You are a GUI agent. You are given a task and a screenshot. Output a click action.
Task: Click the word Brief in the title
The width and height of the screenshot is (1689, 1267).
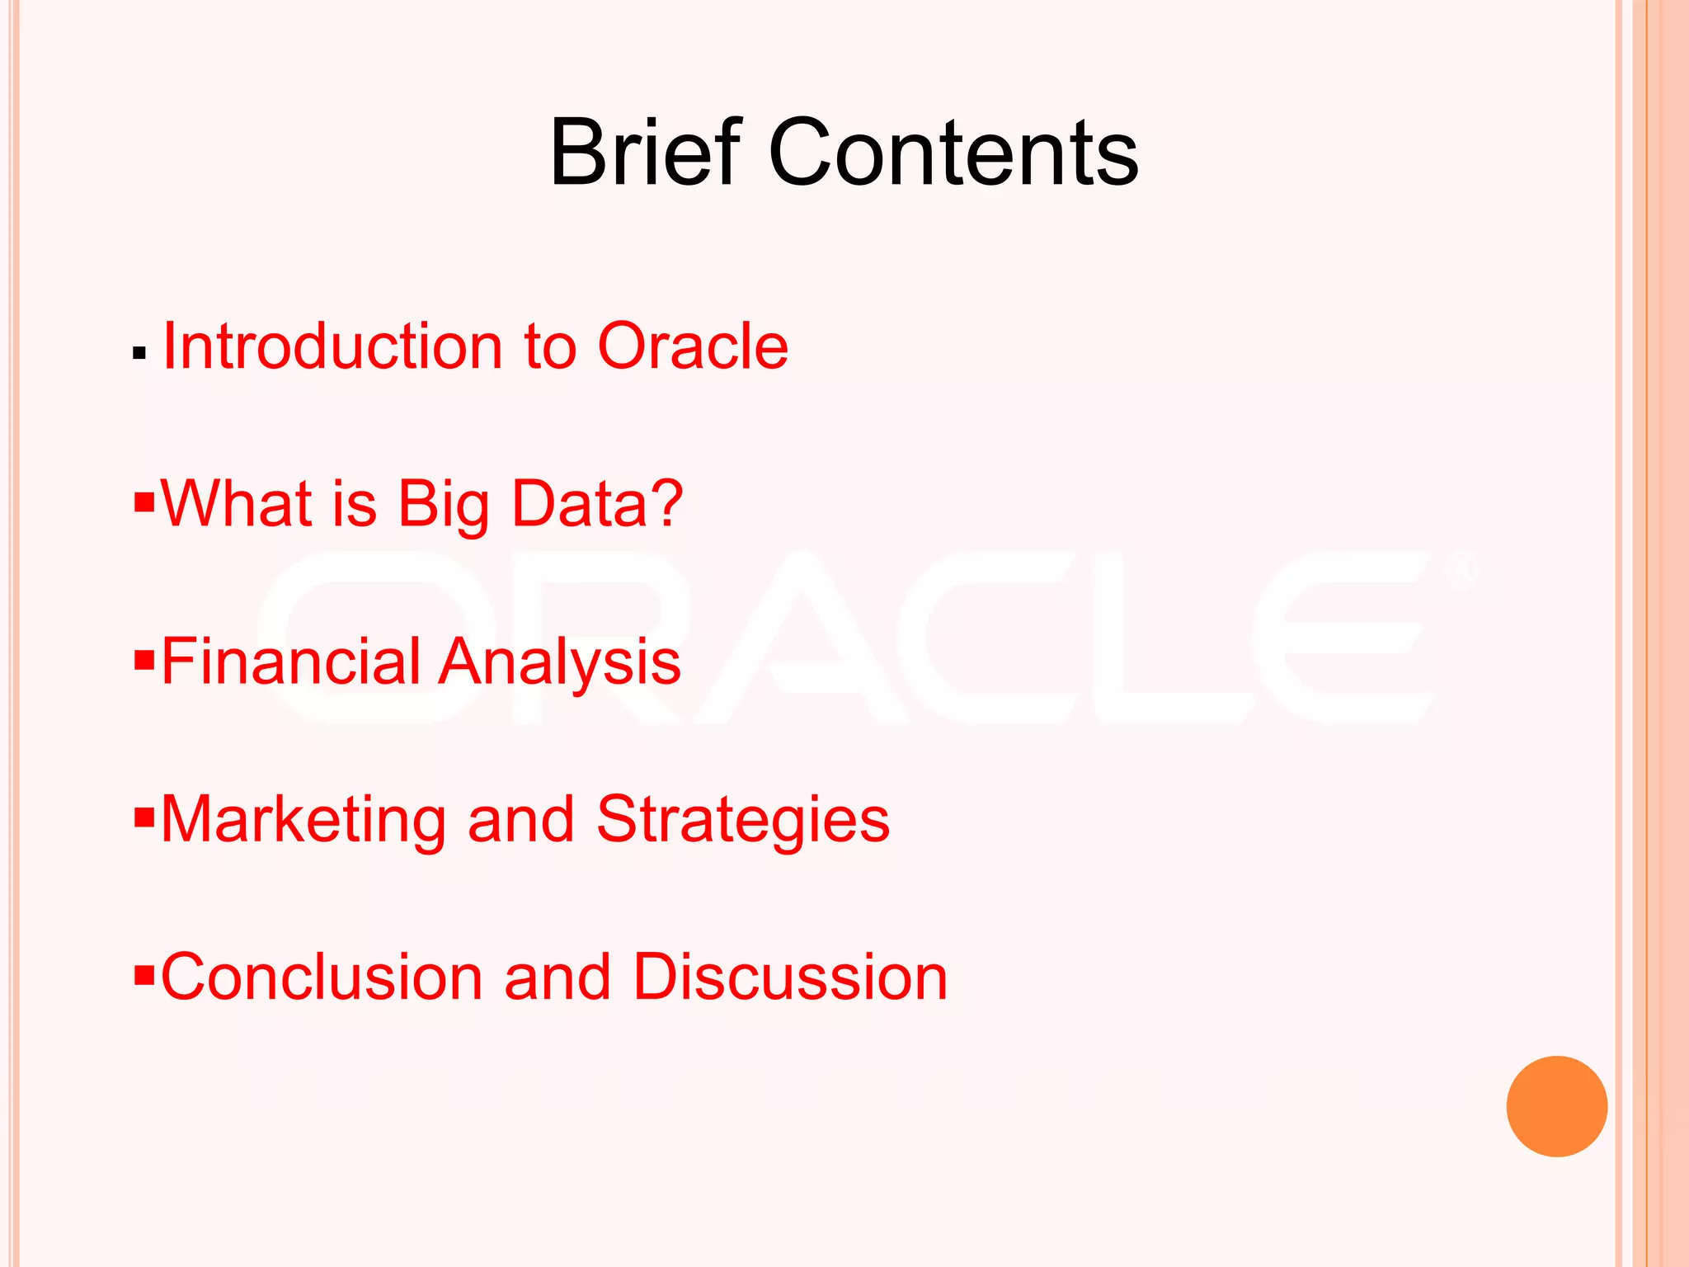tap(646, 153)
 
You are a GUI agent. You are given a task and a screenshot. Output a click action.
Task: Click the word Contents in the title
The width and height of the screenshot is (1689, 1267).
tap(953, 153)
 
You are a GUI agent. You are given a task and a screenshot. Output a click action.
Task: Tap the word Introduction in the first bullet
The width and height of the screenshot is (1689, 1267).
tap(332, 346)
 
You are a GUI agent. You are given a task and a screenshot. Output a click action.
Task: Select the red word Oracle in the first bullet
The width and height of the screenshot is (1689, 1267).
tap(692, 346)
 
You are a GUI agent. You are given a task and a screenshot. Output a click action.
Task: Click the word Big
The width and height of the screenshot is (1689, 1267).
tap(444, 505)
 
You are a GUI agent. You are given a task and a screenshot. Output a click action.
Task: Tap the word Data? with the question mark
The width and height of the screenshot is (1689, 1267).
tap(597, 503)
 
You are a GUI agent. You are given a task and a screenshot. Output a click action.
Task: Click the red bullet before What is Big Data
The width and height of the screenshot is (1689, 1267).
tap(144, 501)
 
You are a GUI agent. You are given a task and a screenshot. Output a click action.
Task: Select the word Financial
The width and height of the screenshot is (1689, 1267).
tap(291, 662)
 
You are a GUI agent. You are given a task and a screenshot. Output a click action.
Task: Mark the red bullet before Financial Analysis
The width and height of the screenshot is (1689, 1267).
tap(144, 659)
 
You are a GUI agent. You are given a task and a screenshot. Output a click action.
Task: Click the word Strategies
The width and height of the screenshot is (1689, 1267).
tap(742, 820)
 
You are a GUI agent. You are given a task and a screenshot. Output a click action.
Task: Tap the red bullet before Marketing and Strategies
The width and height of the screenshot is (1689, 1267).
tap(144, 817)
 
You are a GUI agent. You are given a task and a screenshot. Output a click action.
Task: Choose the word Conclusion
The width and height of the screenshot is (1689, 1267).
tap(322, 977)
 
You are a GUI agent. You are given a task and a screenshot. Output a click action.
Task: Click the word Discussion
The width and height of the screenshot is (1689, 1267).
tap(790, 977)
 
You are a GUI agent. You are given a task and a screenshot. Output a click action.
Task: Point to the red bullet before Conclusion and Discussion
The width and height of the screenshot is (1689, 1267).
tap(144, 975)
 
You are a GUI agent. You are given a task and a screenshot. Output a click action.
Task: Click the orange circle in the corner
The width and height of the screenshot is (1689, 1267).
tap(1556, 1106)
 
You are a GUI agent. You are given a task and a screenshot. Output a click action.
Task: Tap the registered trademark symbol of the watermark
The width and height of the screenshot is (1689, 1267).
tap(1461, 572)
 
